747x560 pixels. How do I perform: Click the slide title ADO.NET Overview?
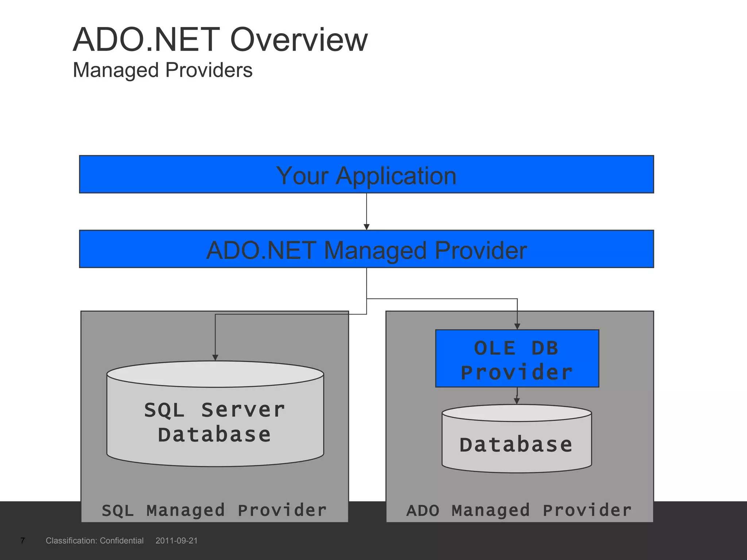coord(220,40)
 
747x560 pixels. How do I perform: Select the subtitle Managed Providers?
coord(163,70)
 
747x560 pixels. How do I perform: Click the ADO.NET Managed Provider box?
coord(366,250)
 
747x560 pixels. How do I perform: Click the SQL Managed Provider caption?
coord(214,510)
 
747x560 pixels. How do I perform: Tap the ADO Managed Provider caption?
coord(519,510)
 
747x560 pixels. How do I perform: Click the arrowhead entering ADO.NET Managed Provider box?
coord(367,227)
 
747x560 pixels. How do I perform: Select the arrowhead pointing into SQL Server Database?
coord(215,358)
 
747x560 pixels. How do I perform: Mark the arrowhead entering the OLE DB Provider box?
coord(517,326)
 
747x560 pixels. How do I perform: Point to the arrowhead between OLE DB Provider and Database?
coord(517,401)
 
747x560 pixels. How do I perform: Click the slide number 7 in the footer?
coord(23,540)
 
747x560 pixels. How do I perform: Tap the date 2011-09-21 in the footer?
coord(177,540)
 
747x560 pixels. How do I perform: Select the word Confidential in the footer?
coord(121,540)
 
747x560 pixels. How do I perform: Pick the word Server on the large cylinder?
coord(243,410)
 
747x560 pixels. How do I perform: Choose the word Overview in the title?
coord(299,40)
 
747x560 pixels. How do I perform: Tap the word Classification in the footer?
coord(71,540)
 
